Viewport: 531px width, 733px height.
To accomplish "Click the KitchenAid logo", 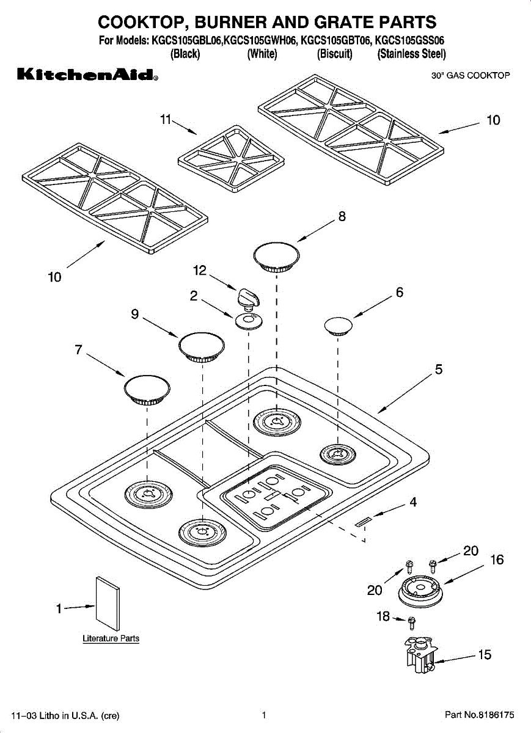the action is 87,75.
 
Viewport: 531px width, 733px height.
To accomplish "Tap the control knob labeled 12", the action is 248,299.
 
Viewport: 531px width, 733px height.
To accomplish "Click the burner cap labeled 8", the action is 276,257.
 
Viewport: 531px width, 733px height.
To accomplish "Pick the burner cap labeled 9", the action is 201,347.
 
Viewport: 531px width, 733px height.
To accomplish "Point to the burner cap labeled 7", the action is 147,390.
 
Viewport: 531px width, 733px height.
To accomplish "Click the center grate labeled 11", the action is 231,159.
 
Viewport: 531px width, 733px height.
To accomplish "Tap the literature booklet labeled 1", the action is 108,604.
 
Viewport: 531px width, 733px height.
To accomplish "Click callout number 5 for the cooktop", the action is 439,369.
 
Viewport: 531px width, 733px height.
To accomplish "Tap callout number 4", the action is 413,501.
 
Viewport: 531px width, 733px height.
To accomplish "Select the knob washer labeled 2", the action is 249,321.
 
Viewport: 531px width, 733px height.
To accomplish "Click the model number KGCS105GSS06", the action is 409,40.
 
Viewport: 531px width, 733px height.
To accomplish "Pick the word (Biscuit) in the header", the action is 335,54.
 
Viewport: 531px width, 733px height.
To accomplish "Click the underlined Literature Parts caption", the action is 111,638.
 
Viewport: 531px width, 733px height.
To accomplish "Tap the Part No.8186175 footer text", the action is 479,715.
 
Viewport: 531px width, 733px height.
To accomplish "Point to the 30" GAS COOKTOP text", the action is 471,76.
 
